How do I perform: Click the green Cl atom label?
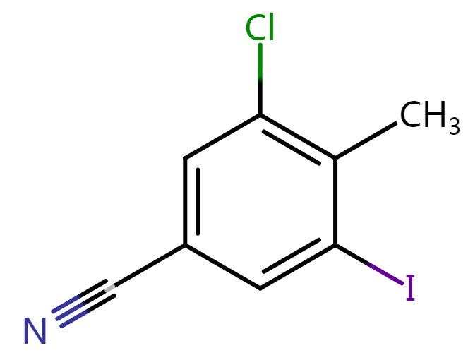(260, 27)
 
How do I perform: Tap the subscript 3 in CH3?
(455, 126)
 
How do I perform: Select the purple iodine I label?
(410, 287)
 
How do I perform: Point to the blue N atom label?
(35, 331)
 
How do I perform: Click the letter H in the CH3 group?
(437, 114)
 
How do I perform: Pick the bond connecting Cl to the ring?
(260, 79)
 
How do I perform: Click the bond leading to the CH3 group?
(366, 140)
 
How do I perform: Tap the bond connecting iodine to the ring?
(369, 265)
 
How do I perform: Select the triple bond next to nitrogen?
(83, 304)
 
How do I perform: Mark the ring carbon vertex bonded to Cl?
(260, 114)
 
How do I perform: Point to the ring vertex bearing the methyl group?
(335, 158)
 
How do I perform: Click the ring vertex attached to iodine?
(335, 245)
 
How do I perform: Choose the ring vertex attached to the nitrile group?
(185, 245)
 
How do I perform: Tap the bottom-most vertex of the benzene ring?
(260, 289)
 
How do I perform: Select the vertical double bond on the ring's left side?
(191, 201)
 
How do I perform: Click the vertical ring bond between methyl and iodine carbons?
(335, 201)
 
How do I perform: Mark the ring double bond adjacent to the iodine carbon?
(296, 264)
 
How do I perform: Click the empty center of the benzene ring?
(260, 201)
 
